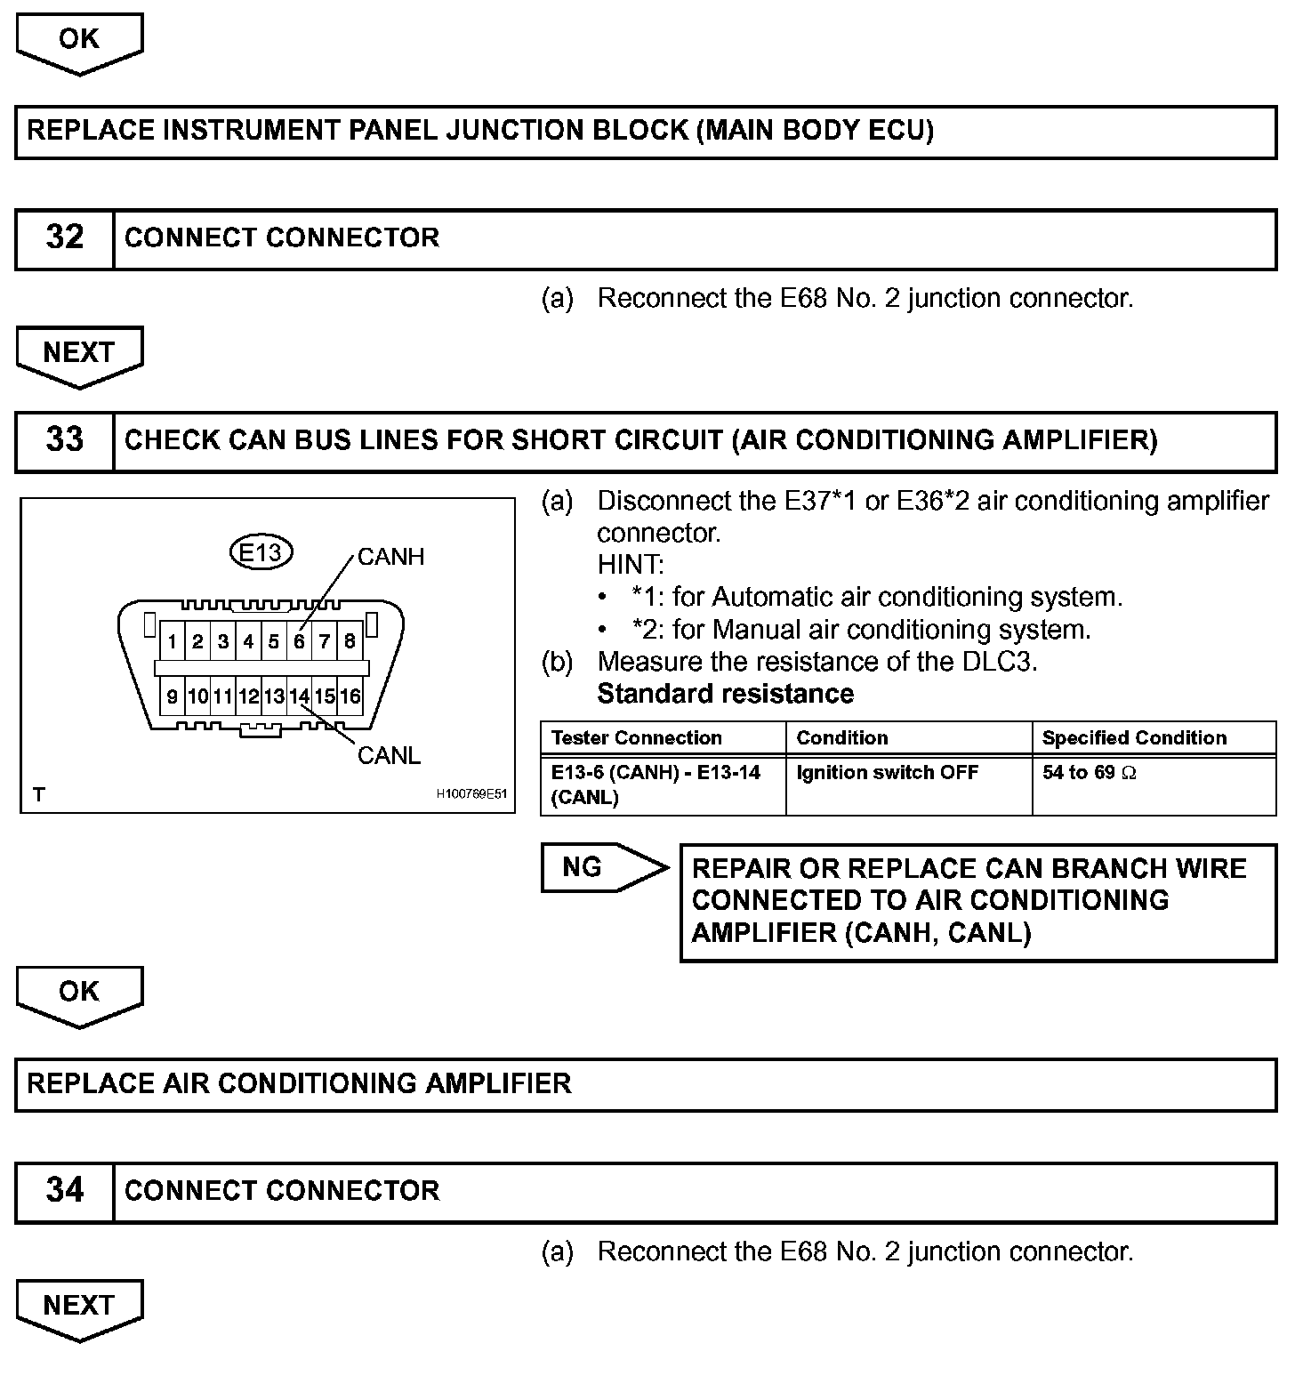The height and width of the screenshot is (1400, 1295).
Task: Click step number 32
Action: click(x=64, y=238)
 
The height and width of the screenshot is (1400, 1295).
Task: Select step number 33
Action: click(x=64, y=440)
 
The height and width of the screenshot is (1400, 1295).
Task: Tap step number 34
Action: click(x=64, y=1191)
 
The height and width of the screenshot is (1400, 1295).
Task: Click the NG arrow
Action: click(x=604, y=867)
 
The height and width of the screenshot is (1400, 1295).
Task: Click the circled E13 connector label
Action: click(x=261, y=552)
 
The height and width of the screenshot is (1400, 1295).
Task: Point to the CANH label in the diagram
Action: click(x=390, y=557)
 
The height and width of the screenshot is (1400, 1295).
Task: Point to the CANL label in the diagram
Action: click(x=389, y=756)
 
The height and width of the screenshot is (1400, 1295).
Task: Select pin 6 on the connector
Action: click(x=299, y=641)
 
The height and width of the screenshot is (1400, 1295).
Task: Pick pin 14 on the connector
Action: click(x=299, y=696)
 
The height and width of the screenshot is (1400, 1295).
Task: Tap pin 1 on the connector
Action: click(x=172, y=641)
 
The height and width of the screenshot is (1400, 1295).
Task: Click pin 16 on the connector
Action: click(x=350, y=696)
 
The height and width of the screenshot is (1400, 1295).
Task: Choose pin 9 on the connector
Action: click(x=172, y=696)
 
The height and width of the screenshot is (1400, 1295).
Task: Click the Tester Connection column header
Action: click(x=636, y=738)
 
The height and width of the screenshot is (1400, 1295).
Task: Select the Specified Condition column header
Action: click(x=1134, y=738)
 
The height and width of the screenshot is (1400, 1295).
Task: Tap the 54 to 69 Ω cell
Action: click(x=1089, y=773)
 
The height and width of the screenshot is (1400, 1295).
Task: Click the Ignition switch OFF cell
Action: click(x=887, y=773)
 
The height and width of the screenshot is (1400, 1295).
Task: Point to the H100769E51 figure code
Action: click(x=471, y=794)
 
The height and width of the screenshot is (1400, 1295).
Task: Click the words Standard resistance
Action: click(x=725, y=694)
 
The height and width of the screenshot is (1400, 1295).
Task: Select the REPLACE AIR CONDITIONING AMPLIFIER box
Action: click(x=646, y=1084)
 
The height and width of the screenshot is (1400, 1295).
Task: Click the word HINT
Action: click(x=630, y=565)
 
